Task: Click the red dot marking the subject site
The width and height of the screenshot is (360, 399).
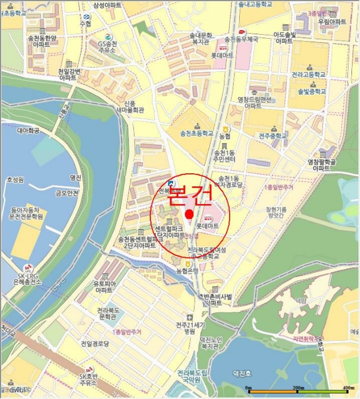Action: point(190,214)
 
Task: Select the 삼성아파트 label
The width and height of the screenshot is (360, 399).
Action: point(107,5)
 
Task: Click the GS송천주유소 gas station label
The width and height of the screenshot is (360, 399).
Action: point(107,46)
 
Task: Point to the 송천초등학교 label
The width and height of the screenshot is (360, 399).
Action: point(197,133)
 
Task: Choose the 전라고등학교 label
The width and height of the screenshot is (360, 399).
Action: point(308,75)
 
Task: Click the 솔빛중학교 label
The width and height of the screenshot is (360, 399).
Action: point(312,91)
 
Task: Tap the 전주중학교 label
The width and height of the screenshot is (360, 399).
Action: point(273,136)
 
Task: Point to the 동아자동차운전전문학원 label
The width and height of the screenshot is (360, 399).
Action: point(26,213)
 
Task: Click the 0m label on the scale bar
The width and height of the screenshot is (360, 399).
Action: point(248,388)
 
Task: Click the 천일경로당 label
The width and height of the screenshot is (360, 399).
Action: point(95,344)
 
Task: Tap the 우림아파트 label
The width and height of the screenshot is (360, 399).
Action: point(332,22)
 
